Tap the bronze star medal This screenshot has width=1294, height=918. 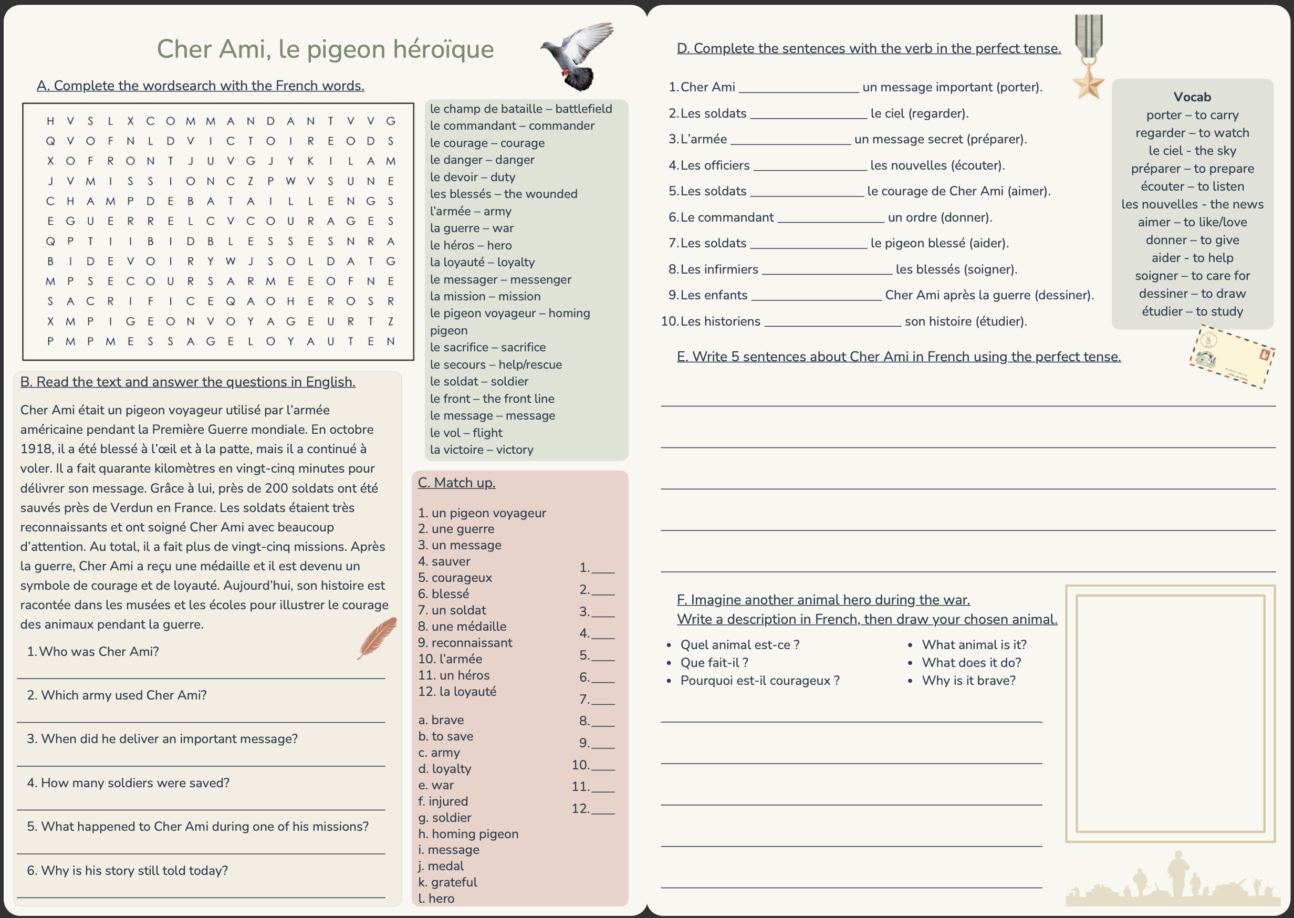(1088, 84)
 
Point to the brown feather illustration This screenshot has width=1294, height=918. (377, 638)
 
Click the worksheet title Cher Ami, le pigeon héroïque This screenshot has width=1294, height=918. (325, 49)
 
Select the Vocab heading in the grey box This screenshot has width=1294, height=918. (1192, 97)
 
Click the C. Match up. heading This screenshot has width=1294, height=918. (456, 483)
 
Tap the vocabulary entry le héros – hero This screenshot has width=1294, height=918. (471, 245)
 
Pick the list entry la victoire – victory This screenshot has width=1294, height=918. (481, 450)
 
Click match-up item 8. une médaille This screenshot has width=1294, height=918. (462, 627)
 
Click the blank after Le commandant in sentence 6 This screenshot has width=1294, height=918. (830, 218)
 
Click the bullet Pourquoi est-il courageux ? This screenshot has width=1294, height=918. (759, 681)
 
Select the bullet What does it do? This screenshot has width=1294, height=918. (971, 662)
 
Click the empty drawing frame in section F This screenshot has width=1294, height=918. (1170, 713)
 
